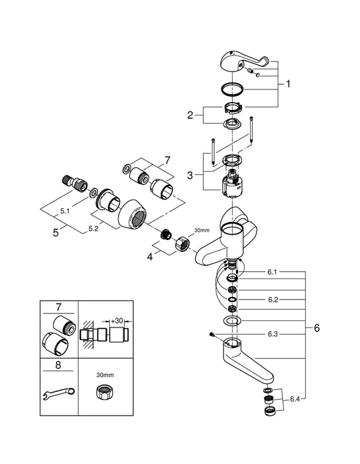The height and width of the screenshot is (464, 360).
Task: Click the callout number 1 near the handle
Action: point(288,84)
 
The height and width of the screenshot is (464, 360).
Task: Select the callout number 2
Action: point(190,116)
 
